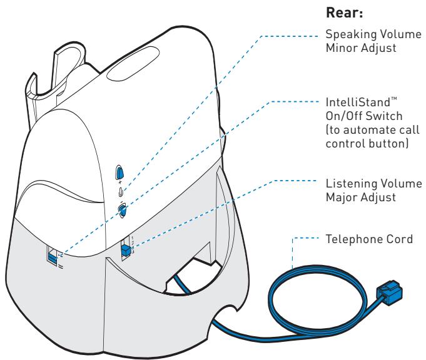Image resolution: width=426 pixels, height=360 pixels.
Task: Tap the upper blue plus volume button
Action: click(120, 173)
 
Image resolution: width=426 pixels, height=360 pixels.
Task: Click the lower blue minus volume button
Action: click(123, 211)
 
